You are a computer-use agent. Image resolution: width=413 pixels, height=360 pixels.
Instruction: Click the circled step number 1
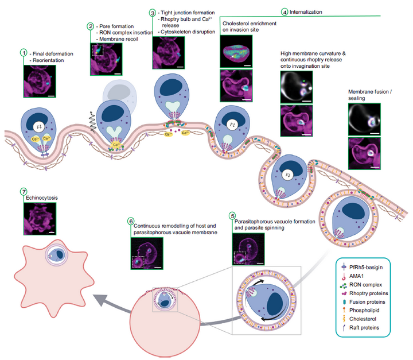click(x=24, y=52)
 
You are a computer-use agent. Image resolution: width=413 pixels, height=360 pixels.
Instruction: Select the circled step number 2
click(x=91, y=26)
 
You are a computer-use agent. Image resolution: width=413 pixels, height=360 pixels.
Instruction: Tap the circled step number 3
click(x=152, y=12)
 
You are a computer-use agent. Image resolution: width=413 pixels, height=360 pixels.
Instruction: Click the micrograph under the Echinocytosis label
click(x=41, y=219)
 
